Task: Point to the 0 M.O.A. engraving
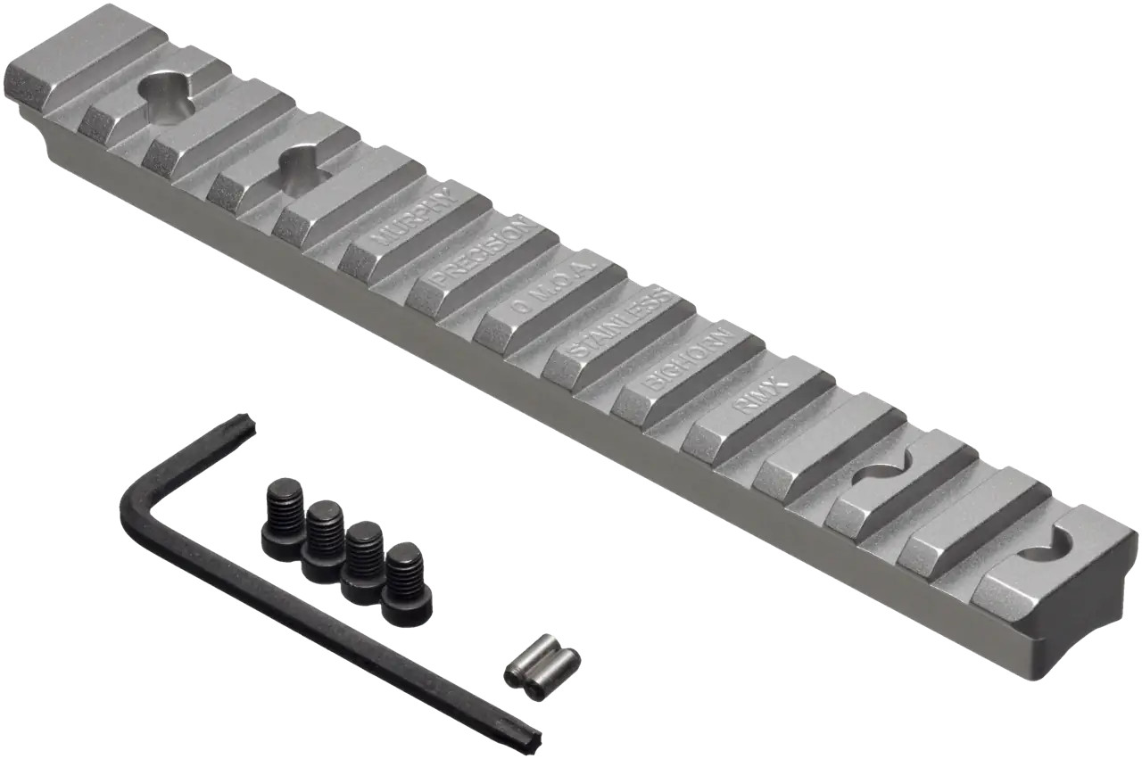coord(553,287)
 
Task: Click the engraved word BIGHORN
coord(688,359)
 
